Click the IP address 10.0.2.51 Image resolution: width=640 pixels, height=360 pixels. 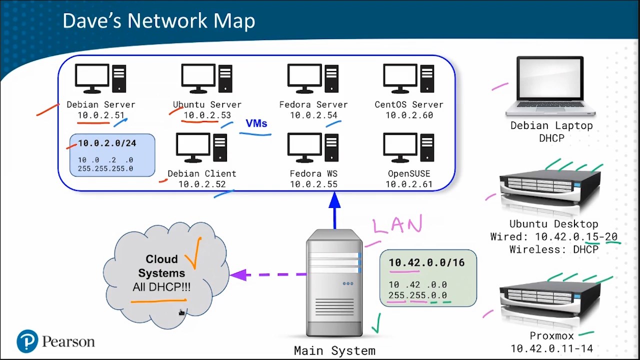pos(101,115)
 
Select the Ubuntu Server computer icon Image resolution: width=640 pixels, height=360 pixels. pos(207,78)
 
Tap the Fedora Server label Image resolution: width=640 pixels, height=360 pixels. pos(313,104)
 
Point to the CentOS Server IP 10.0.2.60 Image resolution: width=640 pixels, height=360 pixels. pos(409,115)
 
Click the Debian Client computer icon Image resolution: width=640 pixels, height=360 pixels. pos(201,147)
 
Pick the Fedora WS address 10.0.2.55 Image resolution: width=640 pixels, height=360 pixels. pos(313,184)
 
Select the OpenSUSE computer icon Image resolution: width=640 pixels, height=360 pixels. pos(409,147)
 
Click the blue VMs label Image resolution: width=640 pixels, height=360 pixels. pos(256,123)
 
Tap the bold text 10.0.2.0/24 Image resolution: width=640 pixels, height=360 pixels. pos(107,143)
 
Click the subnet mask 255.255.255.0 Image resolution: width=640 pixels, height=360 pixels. pos(105,168)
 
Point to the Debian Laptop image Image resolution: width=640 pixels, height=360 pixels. pos(550,86)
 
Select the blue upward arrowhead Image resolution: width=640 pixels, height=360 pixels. pos(334,200)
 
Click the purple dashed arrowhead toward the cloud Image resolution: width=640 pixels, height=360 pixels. pos(238,275)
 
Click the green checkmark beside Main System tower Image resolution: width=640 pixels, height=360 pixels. pos(376,323)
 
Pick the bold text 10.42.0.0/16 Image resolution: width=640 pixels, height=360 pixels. pos(427,262)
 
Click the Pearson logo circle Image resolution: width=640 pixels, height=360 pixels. pos(27,341)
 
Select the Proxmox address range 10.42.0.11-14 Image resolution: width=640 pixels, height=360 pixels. pos(551,348)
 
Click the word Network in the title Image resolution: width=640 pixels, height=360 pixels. pos(167,20)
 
